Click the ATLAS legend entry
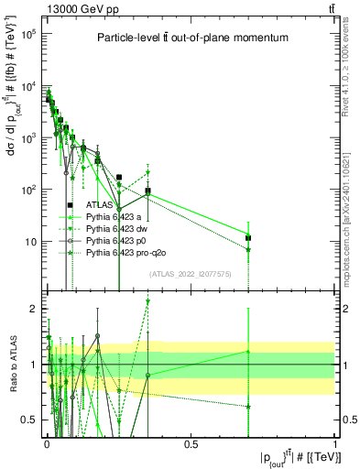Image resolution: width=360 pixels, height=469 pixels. click(100, 205)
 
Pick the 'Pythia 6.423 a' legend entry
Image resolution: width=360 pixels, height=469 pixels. click(115, 217)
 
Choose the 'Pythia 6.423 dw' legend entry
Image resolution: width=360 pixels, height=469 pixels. click(118, 229)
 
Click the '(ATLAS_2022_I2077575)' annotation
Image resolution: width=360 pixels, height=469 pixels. click(191, 275)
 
